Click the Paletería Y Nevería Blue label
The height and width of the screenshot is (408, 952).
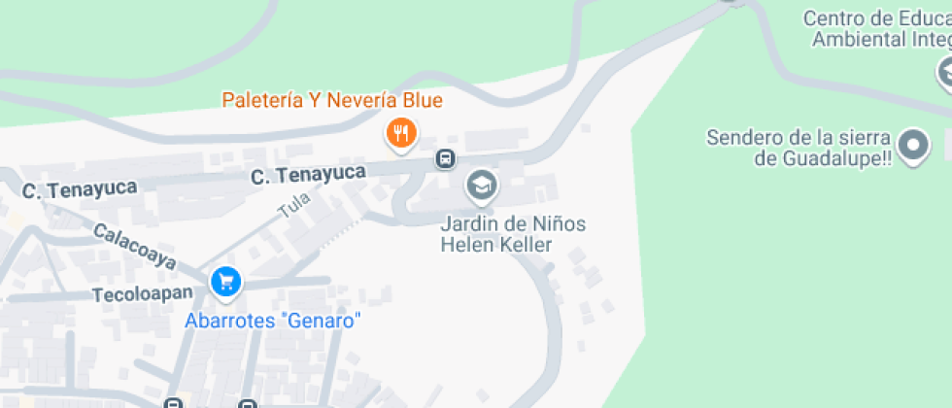332,100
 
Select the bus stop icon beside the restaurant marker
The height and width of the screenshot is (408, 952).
445,158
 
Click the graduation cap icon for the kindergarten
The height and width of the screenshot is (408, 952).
480,185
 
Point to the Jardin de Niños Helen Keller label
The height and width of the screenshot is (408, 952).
513,233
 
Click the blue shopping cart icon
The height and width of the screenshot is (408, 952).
225,283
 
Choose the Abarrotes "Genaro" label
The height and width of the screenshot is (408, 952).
273,321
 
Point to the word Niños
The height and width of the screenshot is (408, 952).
559,223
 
